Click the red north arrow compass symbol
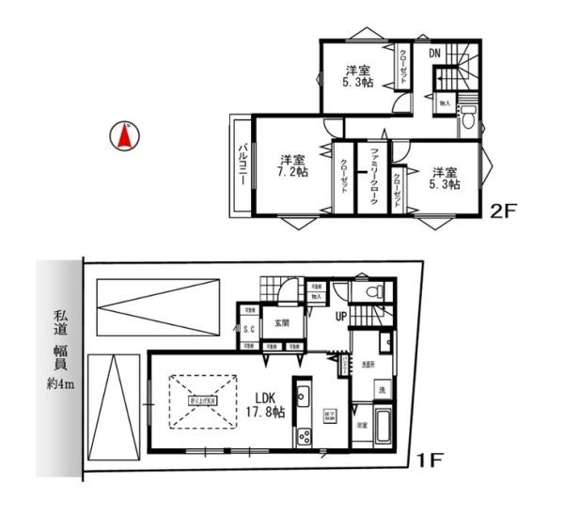click(x=122, y=136)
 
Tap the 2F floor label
click(x=505, y=211)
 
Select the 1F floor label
click(x=429, y=460)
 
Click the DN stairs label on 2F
click(x=435, y=54)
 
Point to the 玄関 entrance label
click(x=281, y=324)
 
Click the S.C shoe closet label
click(x=250, y=329)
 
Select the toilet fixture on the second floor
click(x=467, y=120)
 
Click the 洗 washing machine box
click(x=382, y=389)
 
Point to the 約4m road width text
click(x=57, y=383)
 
